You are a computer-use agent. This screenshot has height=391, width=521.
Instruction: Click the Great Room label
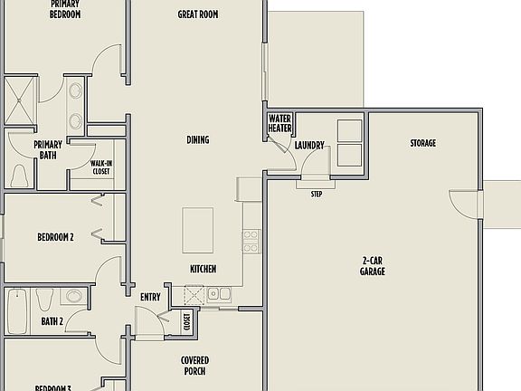197,14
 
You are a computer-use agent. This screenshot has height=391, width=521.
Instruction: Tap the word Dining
197,139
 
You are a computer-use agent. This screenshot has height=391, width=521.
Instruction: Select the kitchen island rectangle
197,230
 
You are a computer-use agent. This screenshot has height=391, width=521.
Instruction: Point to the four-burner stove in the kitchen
251,240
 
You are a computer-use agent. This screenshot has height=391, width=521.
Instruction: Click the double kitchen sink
217,292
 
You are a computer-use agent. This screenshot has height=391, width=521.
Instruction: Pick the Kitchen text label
203,269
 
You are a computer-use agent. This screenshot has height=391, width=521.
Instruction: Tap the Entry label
150,297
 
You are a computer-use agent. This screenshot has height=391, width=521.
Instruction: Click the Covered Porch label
194,365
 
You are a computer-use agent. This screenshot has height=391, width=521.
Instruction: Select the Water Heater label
279,123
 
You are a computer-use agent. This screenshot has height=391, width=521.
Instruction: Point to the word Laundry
309,145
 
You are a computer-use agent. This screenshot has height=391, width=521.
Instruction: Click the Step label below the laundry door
317,194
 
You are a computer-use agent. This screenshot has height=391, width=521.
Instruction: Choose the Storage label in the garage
422,143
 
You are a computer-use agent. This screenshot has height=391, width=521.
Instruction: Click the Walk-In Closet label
100,167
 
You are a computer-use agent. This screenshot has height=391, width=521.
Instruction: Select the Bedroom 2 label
55,237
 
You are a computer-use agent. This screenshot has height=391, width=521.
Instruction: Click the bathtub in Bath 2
18,309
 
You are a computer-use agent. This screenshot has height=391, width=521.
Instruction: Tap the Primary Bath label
48,149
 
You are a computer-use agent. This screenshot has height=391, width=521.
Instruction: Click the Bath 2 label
52,321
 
